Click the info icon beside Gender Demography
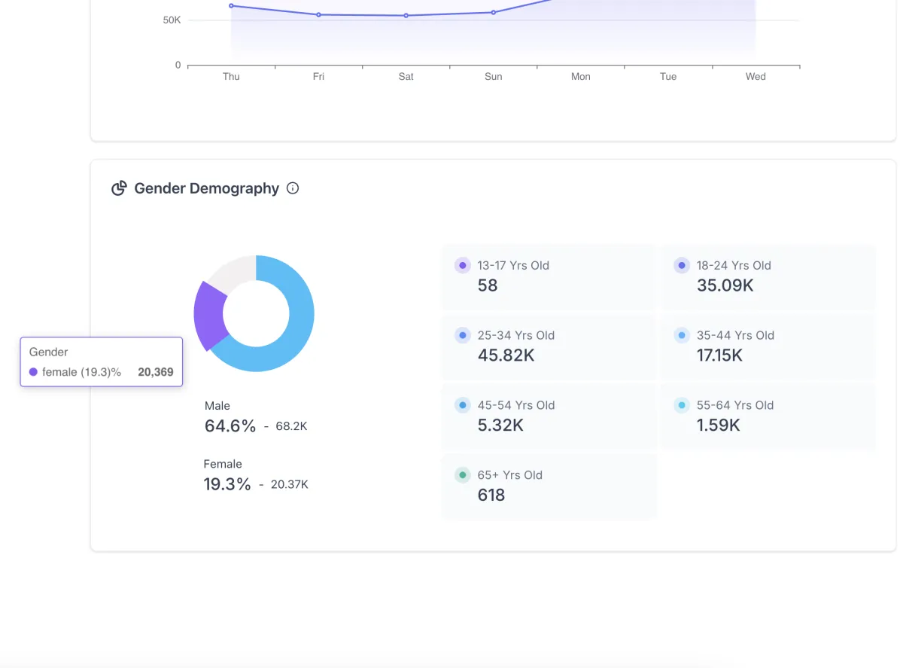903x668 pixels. pos(293,188)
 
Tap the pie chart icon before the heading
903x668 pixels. pos(119,188)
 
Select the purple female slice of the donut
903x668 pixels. pos(208,314)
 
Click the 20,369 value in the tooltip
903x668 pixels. pos(156,372)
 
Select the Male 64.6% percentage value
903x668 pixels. pos(230,426)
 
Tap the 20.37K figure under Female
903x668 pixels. pos(289,484)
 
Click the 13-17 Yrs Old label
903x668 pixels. pos(513,265)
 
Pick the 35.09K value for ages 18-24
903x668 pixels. pos(725,285)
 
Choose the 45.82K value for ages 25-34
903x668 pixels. pos(506,355)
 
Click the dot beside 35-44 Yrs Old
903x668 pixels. pos(682,335)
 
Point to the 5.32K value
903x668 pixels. pos(500,426)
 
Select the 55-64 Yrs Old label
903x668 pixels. pos(734,405)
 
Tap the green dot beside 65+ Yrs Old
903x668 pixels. pos(463,475)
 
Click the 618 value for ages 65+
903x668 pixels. pos(491,496)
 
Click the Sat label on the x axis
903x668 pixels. pos(406,77)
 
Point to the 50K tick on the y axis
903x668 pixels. pos(172,20)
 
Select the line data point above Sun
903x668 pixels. pos(493,13)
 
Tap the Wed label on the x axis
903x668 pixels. pos(756,77)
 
